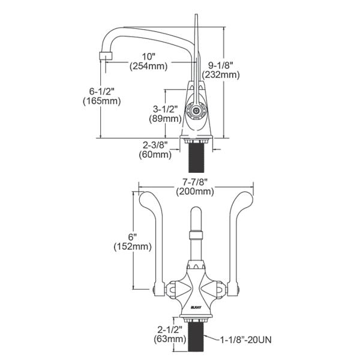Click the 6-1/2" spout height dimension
point(101,91)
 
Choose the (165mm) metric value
point(101,101)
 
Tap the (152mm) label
point(131,247)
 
